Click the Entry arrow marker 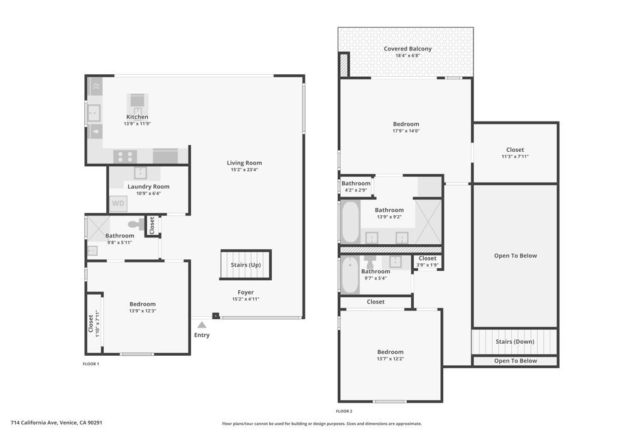(x=201, y=325)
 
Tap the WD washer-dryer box (x=118, y=204)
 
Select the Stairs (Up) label (x=245, y=265)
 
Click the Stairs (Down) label (x=514, y=342)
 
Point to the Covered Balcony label (x=408, y=48)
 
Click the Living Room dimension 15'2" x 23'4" (x=244, y=170)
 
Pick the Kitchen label (x=137, y=117)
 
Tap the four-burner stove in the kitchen (x=125, y=156)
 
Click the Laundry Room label (x=148, y=186)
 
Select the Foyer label (x=245, y=292)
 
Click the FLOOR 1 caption (x=91, y=364)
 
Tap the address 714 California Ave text (x=57, y=423)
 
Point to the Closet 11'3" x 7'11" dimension (x=514, y=157)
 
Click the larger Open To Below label (x=515, y=256)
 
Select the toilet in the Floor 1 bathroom (x=135, y=224)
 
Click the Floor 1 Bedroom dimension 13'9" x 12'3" (x=142, y=311)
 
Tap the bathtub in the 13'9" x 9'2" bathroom (x=350, y=221)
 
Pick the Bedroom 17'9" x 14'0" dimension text (x=406, y=131)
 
